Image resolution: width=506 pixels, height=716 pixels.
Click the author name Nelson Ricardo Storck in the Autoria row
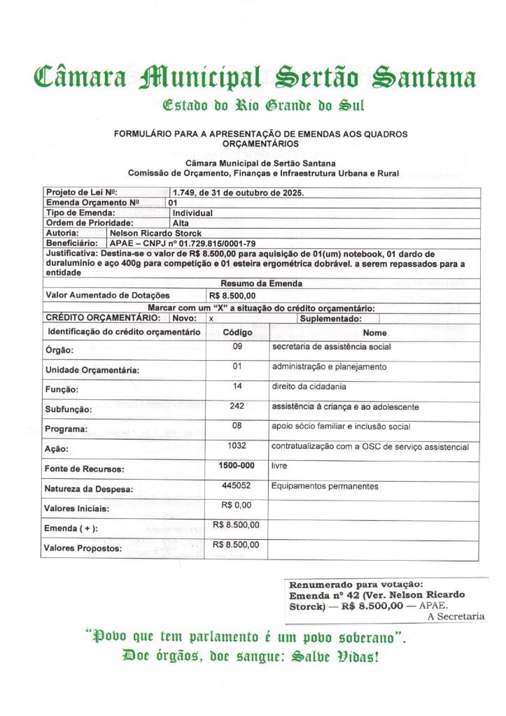point(155,233)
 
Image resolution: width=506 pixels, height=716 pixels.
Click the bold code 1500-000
point(236,465)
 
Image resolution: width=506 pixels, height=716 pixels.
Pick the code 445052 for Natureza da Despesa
point(236,485)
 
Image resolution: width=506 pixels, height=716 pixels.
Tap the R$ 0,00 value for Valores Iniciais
point(236,505)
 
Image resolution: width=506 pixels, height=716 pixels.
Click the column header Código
point(237,333)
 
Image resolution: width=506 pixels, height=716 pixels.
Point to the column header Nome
point(374,333)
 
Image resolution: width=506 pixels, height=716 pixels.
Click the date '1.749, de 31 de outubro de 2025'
point(239,192)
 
